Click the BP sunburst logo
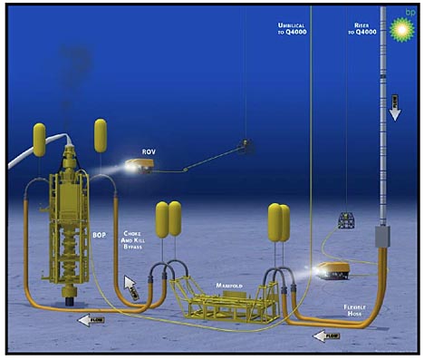tap(399, 28)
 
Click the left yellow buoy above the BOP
tap(40, 139)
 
